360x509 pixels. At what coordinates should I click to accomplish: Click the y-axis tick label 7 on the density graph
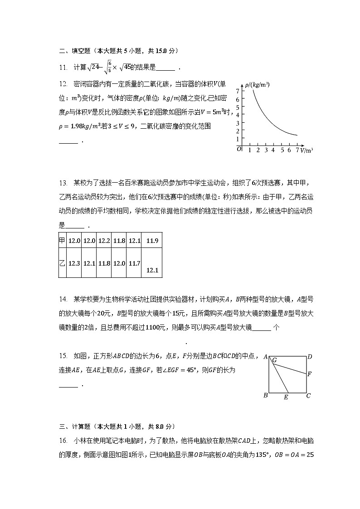pos(238,92)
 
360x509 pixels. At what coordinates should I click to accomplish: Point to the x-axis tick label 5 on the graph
pos(282,150)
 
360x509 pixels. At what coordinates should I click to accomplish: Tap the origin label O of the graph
pos(239,149)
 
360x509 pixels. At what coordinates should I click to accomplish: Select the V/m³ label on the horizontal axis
pos(306,150)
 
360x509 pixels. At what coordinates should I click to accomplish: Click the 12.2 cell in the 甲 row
pos(104,241)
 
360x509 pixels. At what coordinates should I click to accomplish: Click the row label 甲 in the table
pos(63,241)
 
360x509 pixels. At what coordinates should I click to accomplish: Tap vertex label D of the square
pos(310,357)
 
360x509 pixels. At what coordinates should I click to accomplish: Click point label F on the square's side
pos(310,374)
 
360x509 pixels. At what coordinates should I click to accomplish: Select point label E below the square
pos(286,398)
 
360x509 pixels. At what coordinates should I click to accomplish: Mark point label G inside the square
pos(275,360)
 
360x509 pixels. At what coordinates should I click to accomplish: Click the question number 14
pos(63,299)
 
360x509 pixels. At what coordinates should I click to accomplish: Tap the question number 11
pos(63,68)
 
